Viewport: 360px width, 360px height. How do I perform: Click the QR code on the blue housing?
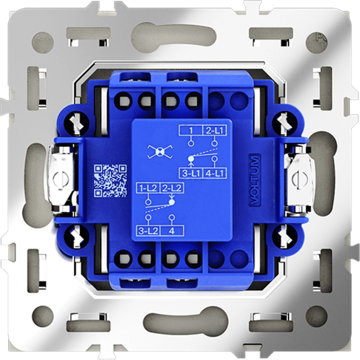pyautogui.click(x=110, y=181)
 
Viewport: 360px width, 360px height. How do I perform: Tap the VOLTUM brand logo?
pyautogui.click(x=254, y=180)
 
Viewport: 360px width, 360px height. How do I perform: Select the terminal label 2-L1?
pyautogui.click(x=214, y=130)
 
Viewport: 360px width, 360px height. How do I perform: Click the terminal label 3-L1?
pyautogui.click(x=191, y=173)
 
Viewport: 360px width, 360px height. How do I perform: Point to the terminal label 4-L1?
pyautogui.click(x=214, y=173)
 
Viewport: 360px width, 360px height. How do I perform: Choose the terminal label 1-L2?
pyautogui.click(x=148, y=188)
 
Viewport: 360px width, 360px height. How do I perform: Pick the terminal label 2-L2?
pyautogui.click(x=172, y=188)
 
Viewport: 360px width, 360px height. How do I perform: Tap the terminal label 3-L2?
pyautogui.click(x=148, y=231)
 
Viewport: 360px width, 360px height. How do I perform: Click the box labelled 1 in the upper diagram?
pyautogui.click(x=191, y=130)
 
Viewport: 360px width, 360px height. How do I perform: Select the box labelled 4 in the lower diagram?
pyautogui.click(x=172, y=231)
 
